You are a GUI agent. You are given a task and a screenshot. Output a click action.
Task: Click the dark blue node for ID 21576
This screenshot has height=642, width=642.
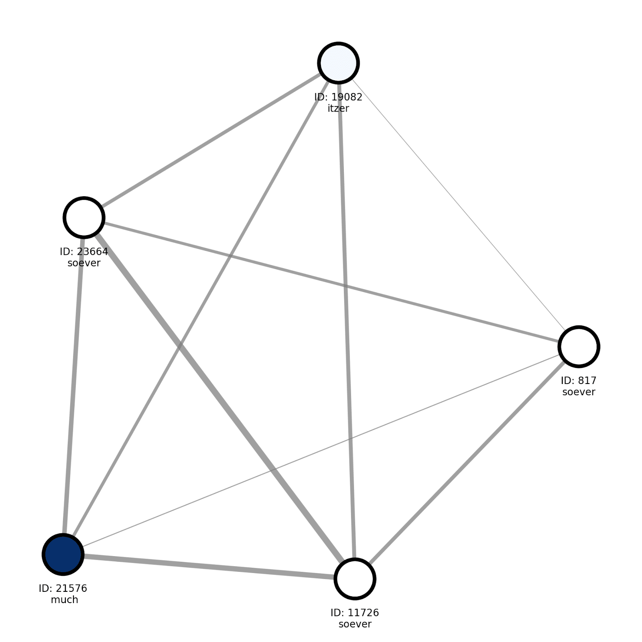click(63, 554)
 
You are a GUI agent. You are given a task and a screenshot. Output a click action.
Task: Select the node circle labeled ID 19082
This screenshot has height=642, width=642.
click(338, 63)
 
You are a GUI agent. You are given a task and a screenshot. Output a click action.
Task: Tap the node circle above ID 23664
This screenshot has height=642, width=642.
click(84, 217)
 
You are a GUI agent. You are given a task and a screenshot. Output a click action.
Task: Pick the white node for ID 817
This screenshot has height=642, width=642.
click(579, 346)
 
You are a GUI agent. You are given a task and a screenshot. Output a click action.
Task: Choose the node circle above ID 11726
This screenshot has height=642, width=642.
click(355, 579)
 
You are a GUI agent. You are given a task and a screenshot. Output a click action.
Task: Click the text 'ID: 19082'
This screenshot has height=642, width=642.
click(338, 97)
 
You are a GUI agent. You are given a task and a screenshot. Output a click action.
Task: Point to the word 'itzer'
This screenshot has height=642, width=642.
click(338, 108)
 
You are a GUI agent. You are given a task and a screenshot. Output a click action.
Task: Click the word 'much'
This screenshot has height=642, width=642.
click(64, 600)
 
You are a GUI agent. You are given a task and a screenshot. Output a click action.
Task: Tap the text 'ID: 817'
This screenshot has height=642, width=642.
click(579, 380)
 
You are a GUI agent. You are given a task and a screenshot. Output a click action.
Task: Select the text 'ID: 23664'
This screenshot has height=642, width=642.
click(84, 252)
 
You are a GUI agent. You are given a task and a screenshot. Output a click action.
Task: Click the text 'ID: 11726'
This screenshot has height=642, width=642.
click(355, 613)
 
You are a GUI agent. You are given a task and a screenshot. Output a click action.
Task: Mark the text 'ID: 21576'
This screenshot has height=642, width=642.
click(63, 588)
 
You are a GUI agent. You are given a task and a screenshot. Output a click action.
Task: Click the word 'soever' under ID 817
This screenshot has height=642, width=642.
click(579, 392)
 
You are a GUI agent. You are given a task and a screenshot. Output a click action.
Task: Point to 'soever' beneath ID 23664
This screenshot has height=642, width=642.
click(84, 263)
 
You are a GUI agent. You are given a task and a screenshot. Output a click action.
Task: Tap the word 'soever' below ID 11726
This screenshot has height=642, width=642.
click(355, 624)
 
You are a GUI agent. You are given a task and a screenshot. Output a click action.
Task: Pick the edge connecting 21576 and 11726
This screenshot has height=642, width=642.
click(209, 567)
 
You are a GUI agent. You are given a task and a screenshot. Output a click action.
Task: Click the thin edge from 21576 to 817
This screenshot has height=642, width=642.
click(321, 450)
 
